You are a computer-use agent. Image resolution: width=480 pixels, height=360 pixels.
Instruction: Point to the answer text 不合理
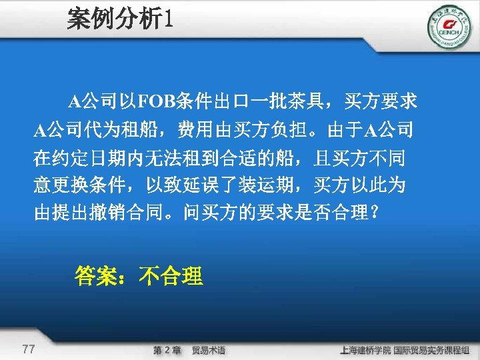tap(171, 275)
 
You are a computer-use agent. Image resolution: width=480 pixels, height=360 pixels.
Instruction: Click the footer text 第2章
tap(167, 350)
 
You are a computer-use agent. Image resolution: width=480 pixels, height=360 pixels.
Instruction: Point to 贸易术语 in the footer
tap(209, 350)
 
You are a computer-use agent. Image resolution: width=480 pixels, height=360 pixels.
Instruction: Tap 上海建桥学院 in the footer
tap(365, 350)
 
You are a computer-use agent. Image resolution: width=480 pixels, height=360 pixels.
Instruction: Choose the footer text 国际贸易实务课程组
tap(431, 350)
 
